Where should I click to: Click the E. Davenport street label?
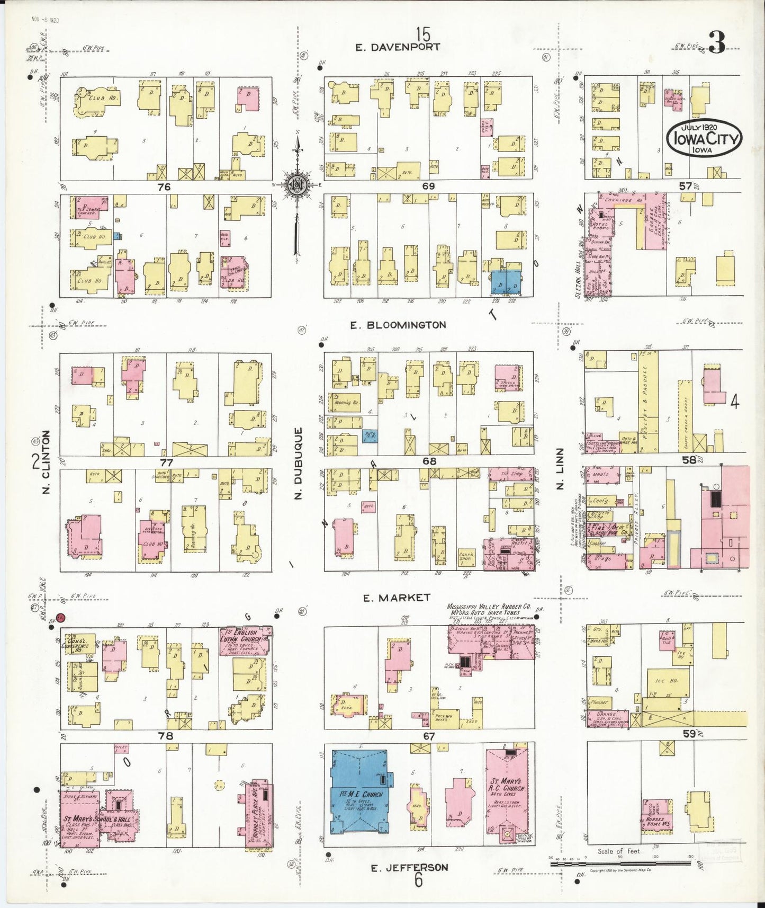tap(397, 47)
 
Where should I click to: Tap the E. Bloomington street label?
tap(398, 325)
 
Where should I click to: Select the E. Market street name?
tap(397, 598)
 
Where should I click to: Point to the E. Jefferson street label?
tap(409, 868)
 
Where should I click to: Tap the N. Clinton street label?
tap(47, 462)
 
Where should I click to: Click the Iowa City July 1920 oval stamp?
tap(704, 138)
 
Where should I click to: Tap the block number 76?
tap(164, 187)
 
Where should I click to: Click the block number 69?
tap(428, 186)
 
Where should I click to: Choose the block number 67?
tap(428, 736)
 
